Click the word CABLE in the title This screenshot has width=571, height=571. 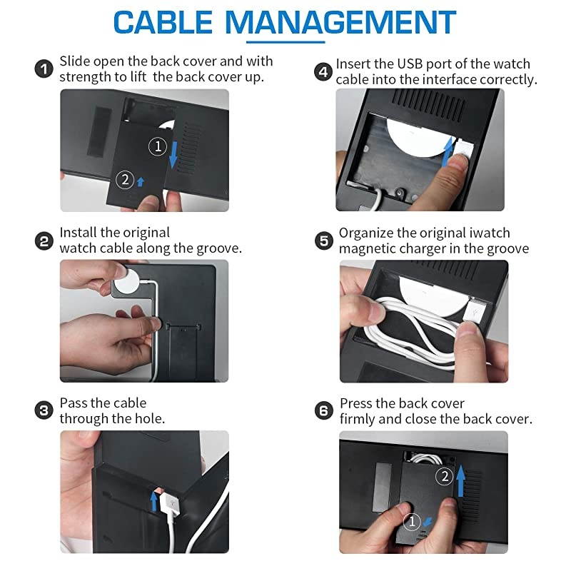[163, 22]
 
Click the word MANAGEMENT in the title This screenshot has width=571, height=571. [340, 22]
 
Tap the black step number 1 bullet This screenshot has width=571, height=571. [44, 69]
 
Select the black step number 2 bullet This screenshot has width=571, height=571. [44, 241]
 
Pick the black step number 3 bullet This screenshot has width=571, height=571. [44, 410]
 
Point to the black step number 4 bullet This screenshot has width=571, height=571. [323, 72]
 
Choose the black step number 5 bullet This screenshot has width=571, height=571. [324, 241]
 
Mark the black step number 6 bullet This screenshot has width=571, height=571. [324, 410]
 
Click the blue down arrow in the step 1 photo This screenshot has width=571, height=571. [173, 155]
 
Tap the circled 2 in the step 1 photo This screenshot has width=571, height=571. [125, 180]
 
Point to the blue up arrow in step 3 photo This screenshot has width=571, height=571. [154, 501]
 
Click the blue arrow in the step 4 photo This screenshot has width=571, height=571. [448, 152]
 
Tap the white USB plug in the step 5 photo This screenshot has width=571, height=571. [474, 310]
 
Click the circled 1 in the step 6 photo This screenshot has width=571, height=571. [412, 522]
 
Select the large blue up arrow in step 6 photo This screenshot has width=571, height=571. [460, 480]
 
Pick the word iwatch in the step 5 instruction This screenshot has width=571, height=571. [490, 233]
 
